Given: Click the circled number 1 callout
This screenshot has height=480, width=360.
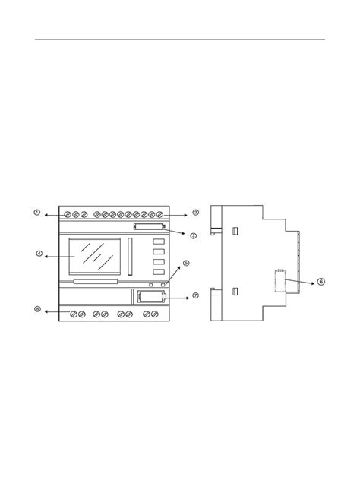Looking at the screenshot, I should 36,213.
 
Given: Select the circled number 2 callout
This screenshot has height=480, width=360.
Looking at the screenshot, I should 195,213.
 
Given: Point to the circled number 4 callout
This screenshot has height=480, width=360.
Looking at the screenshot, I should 39,254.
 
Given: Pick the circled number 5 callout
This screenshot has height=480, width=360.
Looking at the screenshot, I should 186,264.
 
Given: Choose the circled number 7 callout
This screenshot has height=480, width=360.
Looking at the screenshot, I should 195,295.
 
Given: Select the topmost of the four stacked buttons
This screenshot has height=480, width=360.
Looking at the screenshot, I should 159,243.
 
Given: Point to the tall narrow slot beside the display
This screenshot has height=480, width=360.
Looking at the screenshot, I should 130,257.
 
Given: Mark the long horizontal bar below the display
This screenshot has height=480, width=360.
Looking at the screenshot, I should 96,282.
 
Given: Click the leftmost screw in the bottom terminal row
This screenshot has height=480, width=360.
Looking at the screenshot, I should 74,314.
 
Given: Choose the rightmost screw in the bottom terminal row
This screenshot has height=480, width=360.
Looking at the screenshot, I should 155,314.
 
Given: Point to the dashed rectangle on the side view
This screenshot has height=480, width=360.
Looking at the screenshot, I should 279,282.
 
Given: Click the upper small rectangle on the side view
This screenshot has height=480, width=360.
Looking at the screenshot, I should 235,230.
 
